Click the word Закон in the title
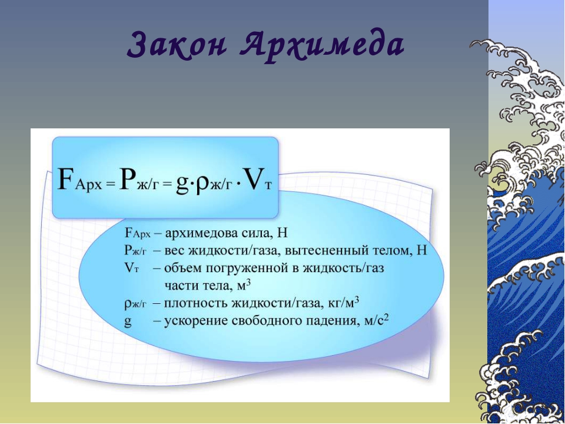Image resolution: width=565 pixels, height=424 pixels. (x=177, y=45)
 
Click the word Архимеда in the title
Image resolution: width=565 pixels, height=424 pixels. (x=321, y=45)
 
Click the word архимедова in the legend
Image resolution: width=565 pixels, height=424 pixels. (x=200, y=233)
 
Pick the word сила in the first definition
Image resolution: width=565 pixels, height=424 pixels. (x=256, y=233)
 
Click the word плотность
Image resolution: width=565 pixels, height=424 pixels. (x=195, y=303)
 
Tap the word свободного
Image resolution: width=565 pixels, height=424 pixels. (x=266, y=322)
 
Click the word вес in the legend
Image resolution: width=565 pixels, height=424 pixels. (x=174, y=251)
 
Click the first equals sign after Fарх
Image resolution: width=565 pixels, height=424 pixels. (x=111, y=185)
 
